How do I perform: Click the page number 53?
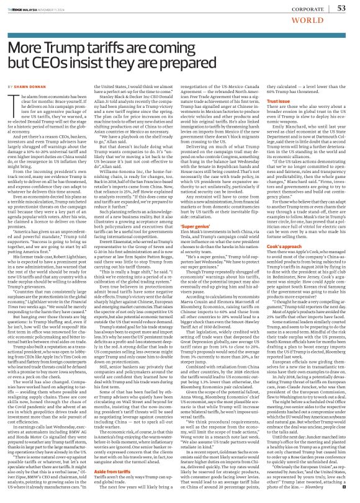[341, 8]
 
